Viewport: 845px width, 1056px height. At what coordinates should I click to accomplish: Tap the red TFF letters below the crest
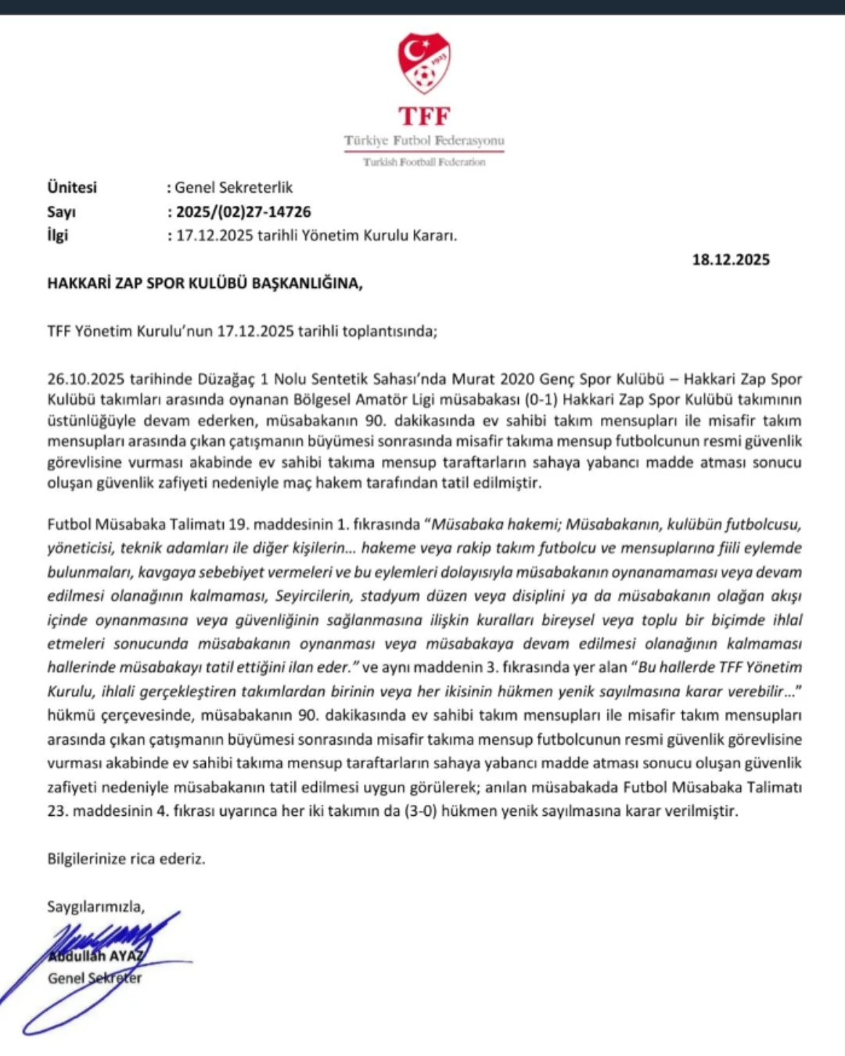click(x=424, y=117)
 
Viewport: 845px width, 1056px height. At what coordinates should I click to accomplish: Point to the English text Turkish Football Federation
click(x=424, y=162)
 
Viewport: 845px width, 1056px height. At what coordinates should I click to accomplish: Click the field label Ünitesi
click(x=72, y=188)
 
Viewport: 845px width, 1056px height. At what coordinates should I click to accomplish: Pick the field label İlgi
click(x=58, y=235)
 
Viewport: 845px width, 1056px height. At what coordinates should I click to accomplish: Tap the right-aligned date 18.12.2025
click(x=731, y=260)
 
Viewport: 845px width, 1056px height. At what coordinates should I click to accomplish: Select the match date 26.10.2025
click(x=86, y=379)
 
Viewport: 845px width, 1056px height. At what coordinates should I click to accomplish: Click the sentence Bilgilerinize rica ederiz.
click(x=126, y=859)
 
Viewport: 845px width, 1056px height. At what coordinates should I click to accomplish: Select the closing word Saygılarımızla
click(x=96, y=907)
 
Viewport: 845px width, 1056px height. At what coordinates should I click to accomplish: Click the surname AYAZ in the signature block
click(x=126, y=957)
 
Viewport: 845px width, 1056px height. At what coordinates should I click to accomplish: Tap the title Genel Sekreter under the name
click(x=95, y=979)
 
